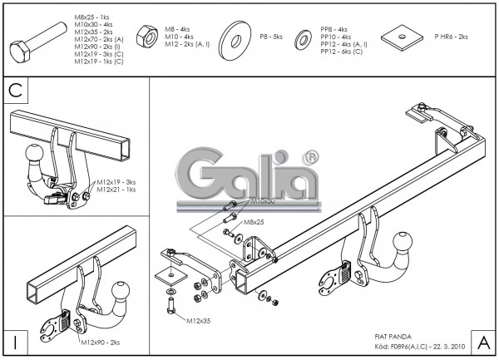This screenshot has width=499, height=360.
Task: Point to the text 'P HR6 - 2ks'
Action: (452, 37)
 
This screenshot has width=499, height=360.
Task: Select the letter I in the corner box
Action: (16, 340)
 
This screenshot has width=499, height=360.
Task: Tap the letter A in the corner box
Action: (482, 340)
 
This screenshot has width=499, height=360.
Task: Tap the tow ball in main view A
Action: (403, 243)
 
